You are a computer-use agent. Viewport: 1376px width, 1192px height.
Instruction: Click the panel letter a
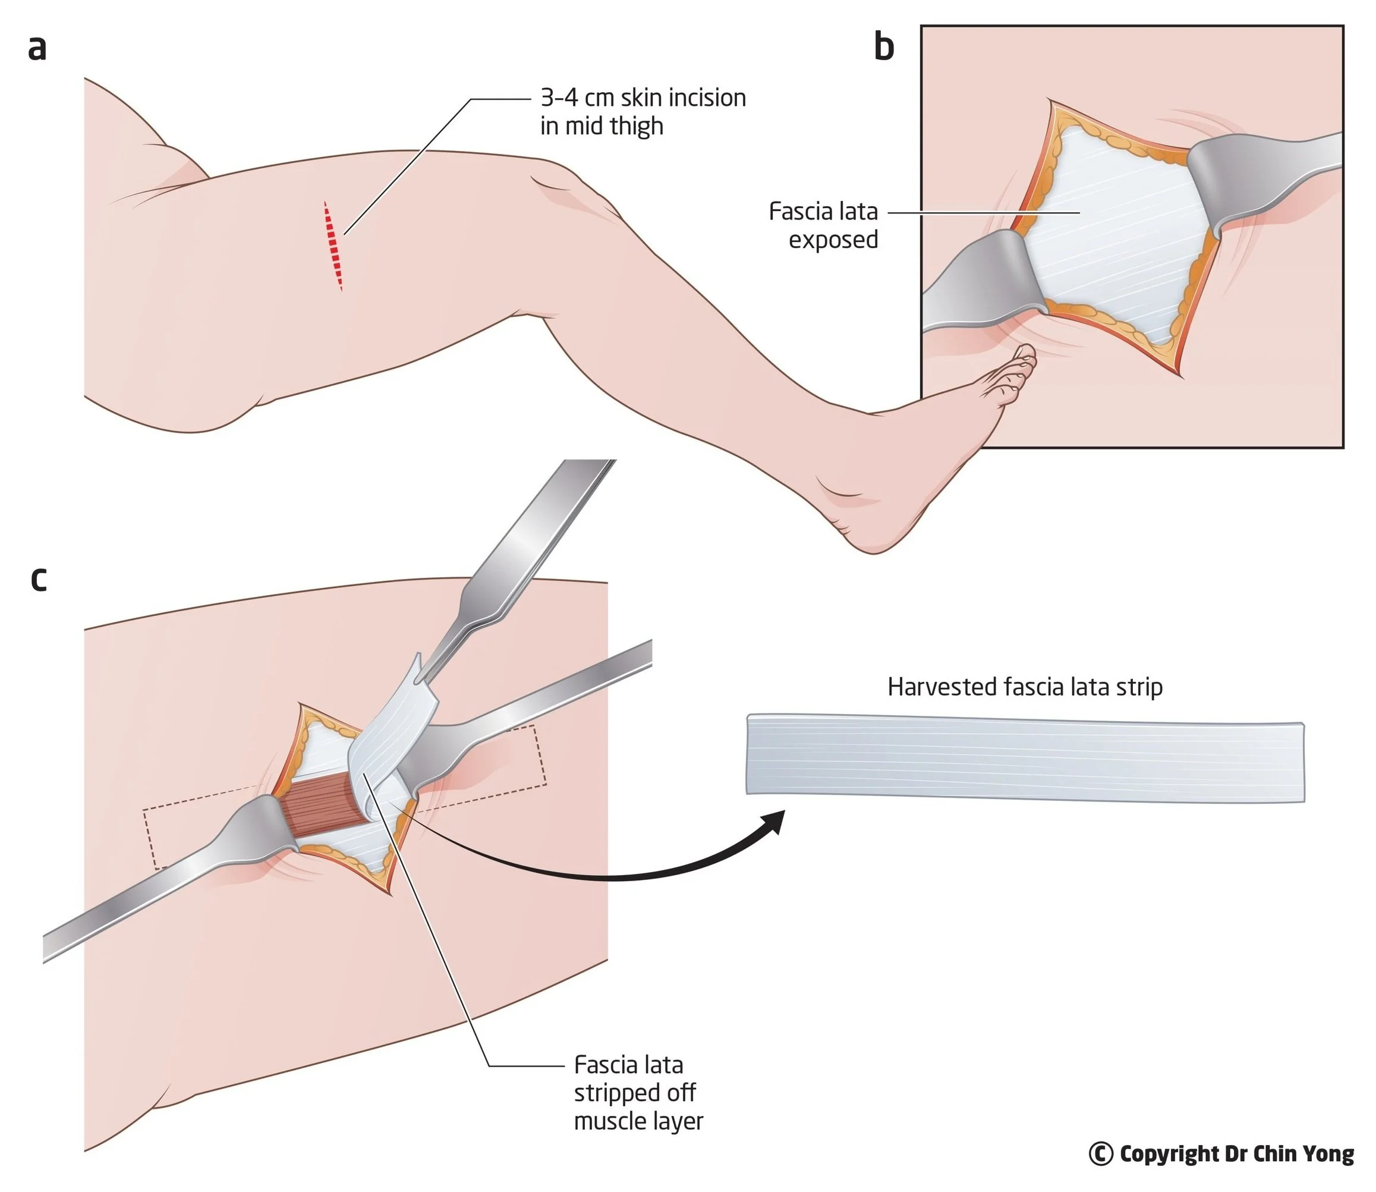(37, 49)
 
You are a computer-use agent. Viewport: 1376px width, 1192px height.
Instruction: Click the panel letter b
(884, 47)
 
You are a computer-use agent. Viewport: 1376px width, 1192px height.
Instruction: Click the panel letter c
(39, 580)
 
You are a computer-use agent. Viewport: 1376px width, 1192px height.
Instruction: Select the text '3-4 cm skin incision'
(643, 98)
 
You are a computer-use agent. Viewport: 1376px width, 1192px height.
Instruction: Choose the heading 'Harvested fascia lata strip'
(1024, 687)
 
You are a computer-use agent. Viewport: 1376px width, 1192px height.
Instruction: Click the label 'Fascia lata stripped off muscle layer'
(637, 1093)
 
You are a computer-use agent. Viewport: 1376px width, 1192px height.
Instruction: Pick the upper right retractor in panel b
(1264, 173)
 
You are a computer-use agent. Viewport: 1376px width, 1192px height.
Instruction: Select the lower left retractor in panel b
(978, 279)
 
